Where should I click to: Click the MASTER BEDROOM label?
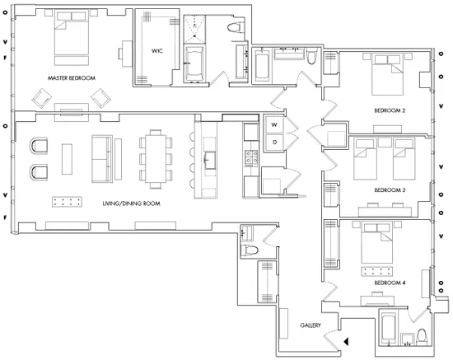[72, 78]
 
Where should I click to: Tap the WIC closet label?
[156, 51]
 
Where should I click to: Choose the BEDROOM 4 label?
[387, 283]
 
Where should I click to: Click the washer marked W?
[274, 124]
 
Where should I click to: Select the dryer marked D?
[274, 142]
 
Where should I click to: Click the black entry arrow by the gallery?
[347, 339]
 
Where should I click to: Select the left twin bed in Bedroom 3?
[364, 159]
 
